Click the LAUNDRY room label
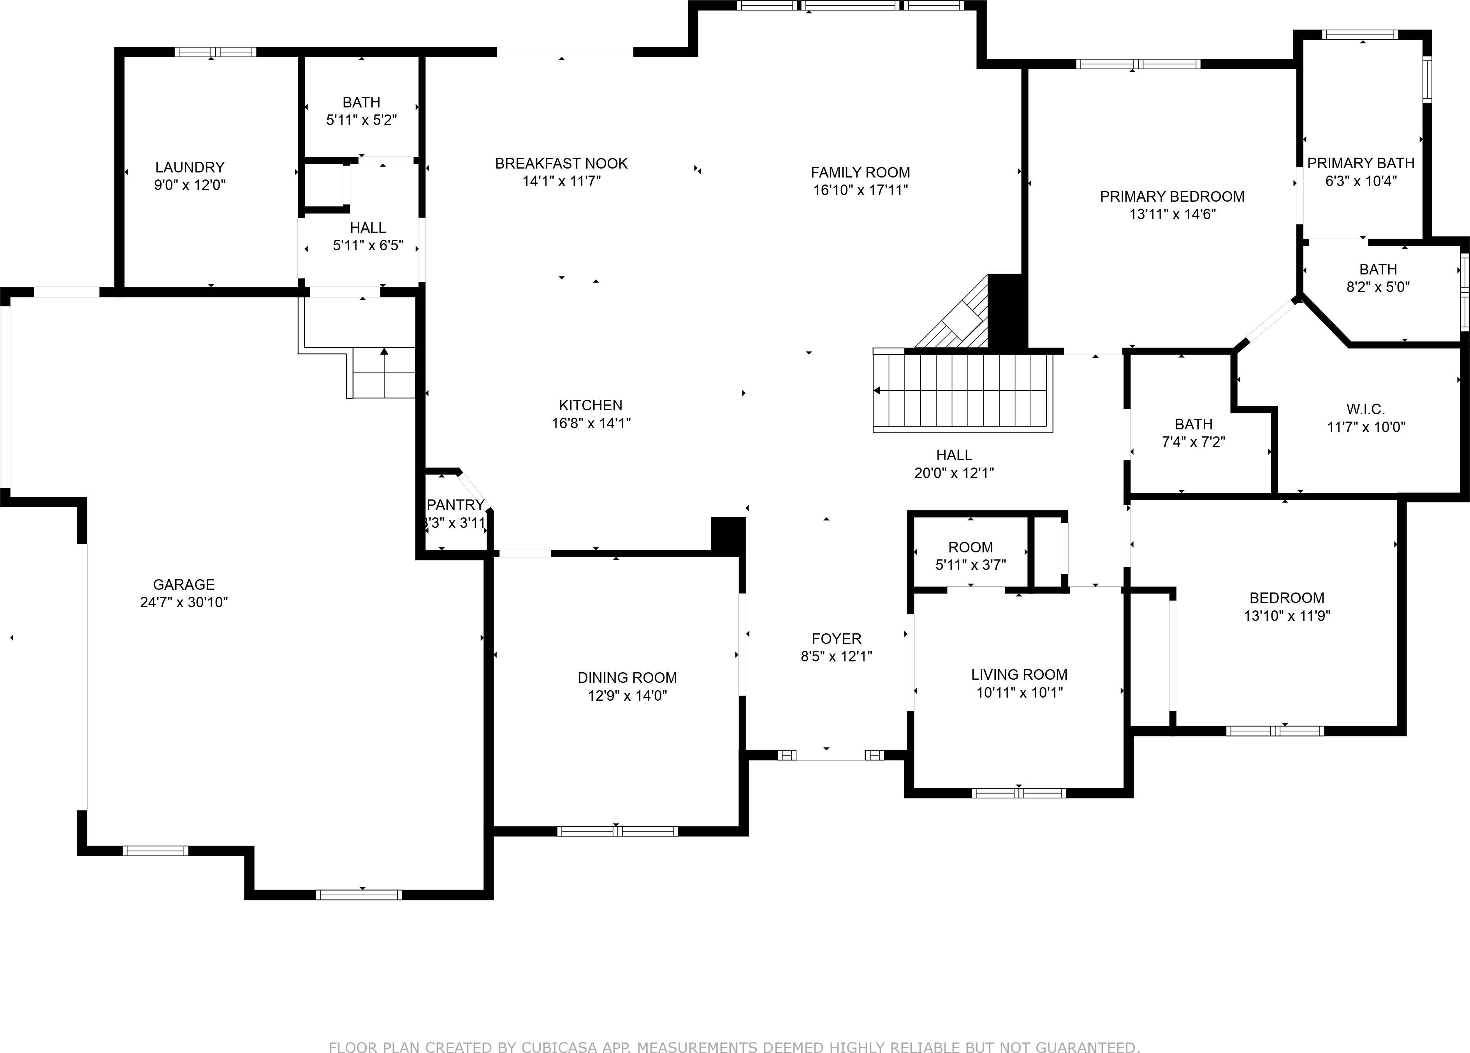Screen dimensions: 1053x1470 189,167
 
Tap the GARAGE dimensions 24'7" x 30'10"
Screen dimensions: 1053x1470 184,602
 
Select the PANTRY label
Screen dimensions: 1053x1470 455,505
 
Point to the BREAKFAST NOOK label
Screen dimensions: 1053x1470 561,163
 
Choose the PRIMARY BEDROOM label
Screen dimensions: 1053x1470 1172,196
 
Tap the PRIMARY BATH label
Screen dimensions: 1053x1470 1361,163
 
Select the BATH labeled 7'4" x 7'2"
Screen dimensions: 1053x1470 1193,424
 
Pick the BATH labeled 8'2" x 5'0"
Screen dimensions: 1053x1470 1378,269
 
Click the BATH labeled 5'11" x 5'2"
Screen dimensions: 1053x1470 361,102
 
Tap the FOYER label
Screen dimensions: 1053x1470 836,638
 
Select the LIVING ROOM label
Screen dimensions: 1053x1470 1019,675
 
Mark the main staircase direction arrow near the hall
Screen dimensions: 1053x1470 877,391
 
